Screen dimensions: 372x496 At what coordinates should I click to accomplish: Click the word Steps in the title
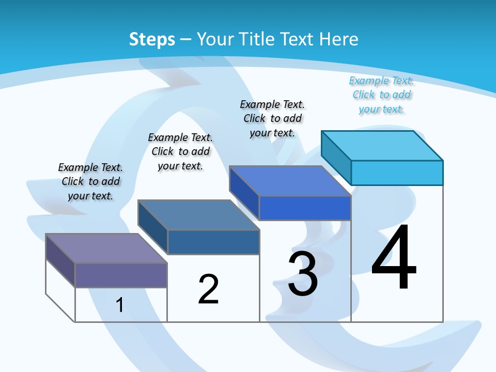(152, 39)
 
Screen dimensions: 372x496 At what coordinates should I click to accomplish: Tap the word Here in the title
(339, 39)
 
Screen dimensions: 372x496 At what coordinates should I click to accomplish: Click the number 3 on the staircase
(303, 274)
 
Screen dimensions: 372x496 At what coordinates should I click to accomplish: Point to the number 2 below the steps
(208, 289)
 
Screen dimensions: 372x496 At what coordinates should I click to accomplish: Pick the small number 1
(120, 305)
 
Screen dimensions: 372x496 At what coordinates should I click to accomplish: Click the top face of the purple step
(106, 249)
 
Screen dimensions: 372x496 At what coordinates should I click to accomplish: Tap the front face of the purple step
(121, 275)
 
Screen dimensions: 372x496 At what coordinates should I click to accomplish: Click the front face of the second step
(213, 242)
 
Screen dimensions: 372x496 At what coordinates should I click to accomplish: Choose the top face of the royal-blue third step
(289, 181)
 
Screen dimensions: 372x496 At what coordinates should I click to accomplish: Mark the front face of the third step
(305, 208)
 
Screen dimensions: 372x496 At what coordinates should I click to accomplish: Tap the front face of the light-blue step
(397, 173)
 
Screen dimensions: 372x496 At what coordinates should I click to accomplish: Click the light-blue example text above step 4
(381, 95)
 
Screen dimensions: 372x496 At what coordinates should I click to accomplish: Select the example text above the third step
(272, 118)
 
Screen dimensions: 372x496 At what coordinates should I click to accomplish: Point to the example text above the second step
(180, 151)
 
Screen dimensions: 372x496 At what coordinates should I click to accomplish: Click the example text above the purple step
(90, 181)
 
